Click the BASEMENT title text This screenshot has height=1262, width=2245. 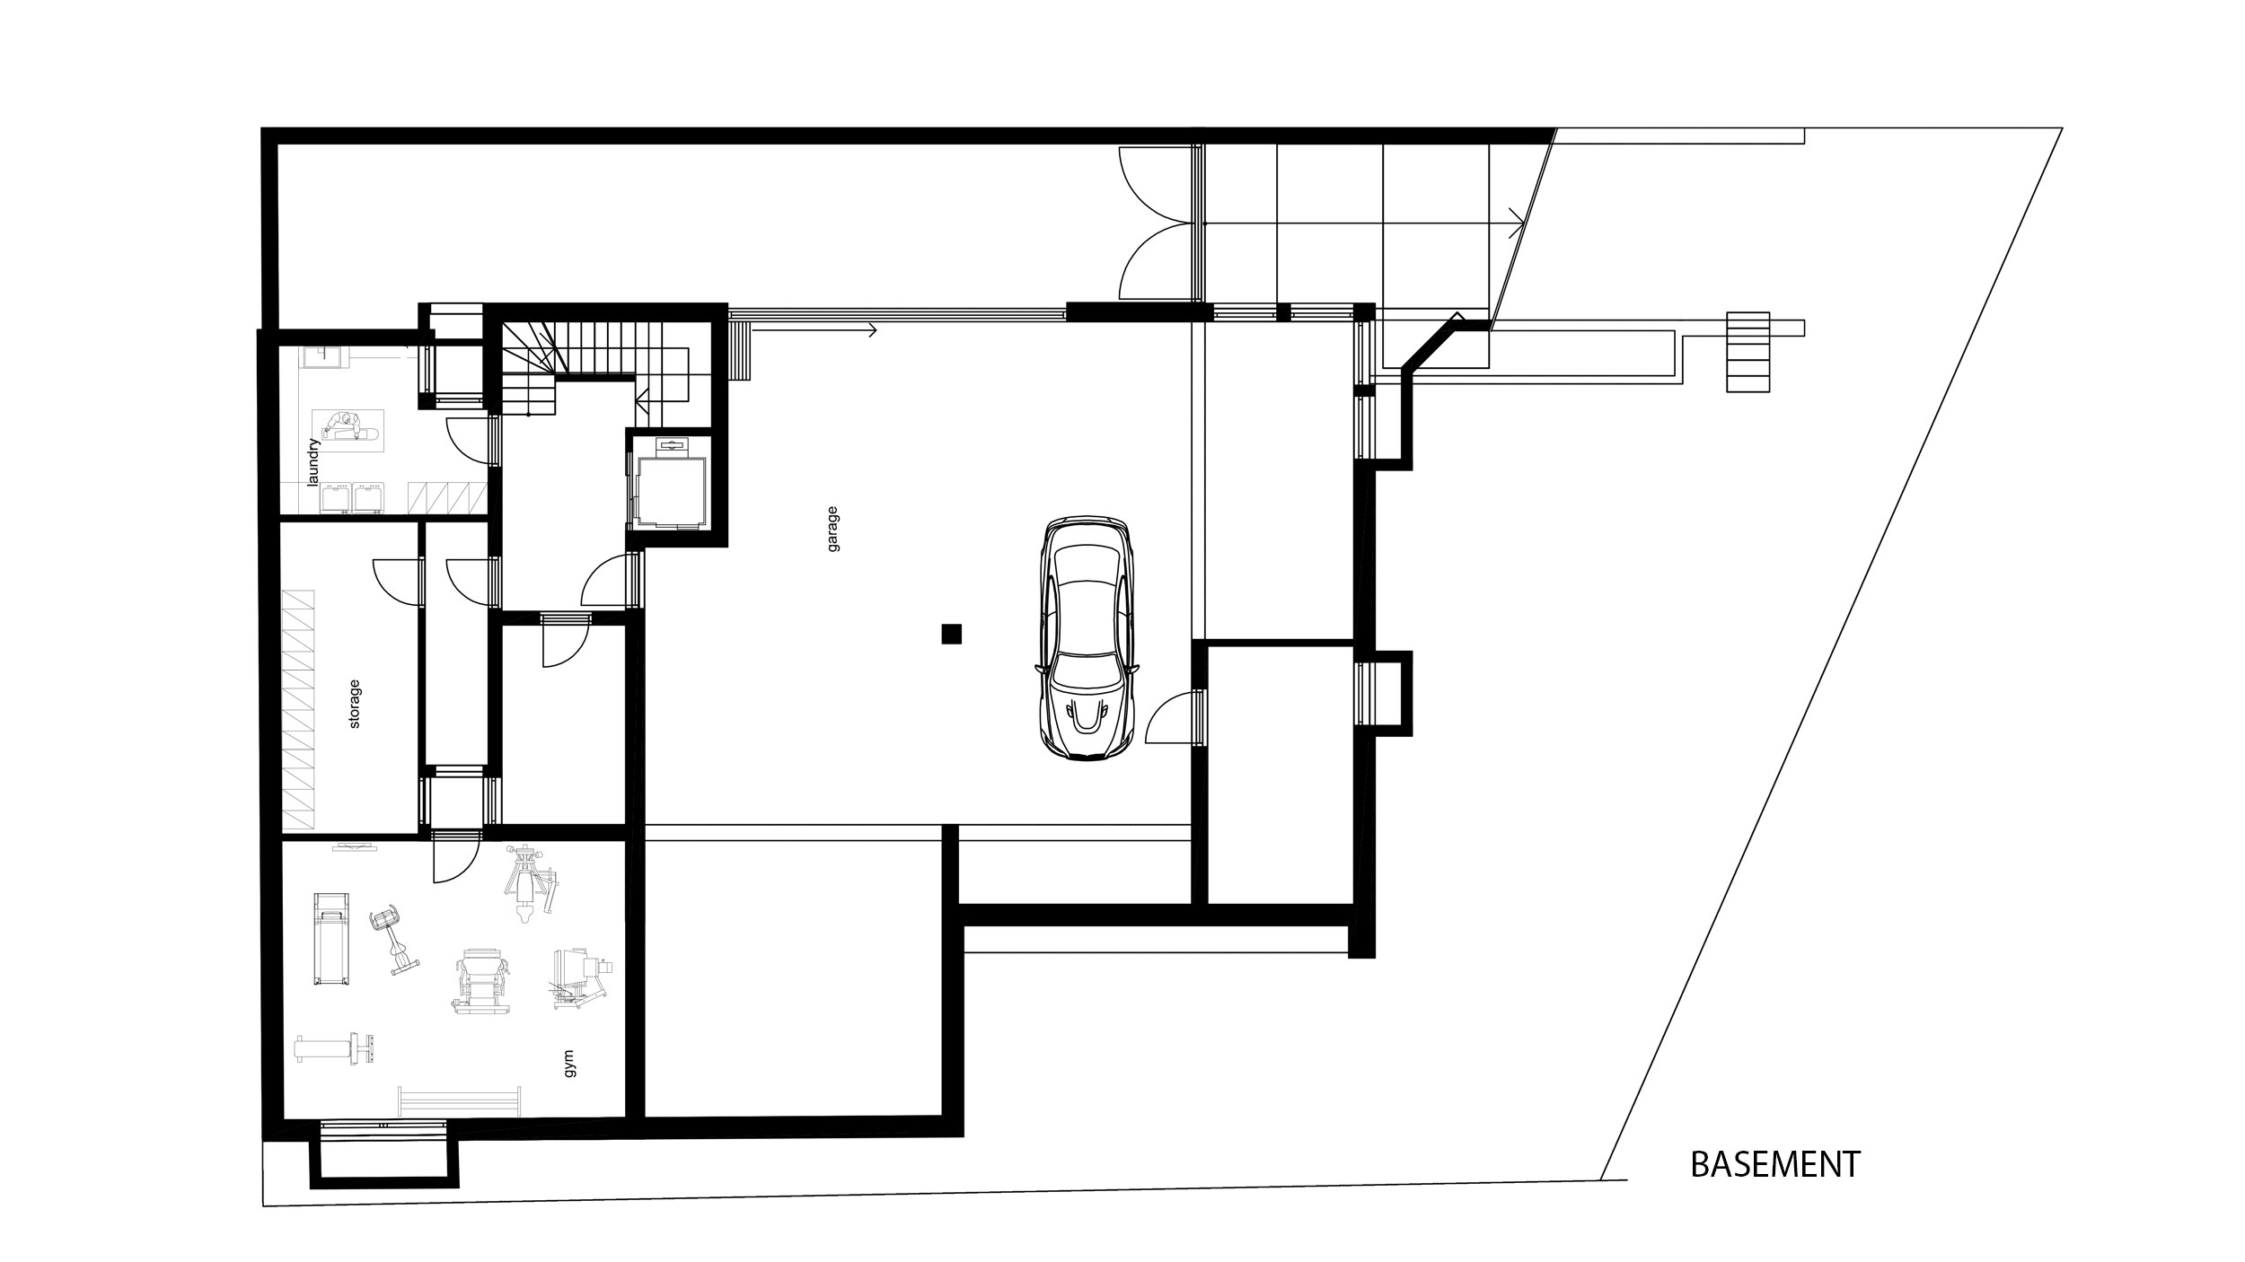pos(1775,1164)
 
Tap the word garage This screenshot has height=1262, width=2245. pos(833,529)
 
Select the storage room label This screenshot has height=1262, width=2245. pos(355,704)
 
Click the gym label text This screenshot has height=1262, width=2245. pos(568,1065)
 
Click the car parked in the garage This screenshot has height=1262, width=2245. pos(1087,639)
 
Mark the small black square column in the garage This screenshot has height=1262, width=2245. pos(952,635)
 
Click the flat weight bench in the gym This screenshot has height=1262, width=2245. pos(335,1048)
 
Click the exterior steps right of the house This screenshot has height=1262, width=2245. pos(1748,352)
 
